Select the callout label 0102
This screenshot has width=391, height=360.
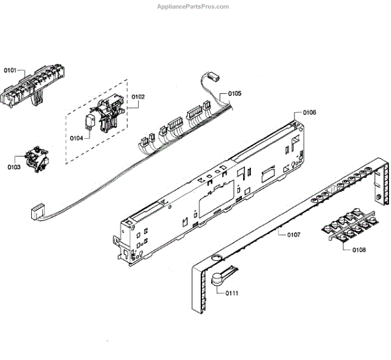138,97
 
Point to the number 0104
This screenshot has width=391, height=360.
76,138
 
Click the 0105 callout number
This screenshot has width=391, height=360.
235,94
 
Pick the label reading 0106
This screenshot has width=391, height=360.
310,113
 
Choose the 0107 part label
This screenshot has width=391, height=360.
293,233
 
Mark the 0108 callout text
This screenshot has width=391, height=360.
358,250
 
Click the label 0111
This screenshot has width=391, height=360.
232,293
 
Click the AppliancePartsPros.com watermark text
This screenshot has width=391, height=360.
194,7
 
